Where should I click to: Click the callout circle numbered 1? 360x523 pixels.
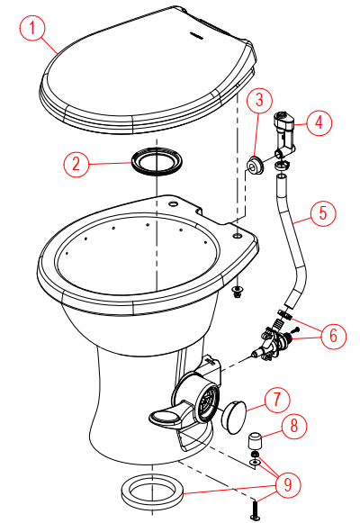33,28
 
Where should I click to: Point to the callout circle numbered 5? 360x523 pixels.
323,213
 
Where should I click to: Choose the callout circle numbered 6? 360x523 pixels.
331,335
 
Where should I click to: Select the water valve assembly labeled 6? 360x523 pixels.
273,343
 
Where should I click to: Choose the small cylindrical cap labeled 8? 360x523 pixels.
256,443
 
